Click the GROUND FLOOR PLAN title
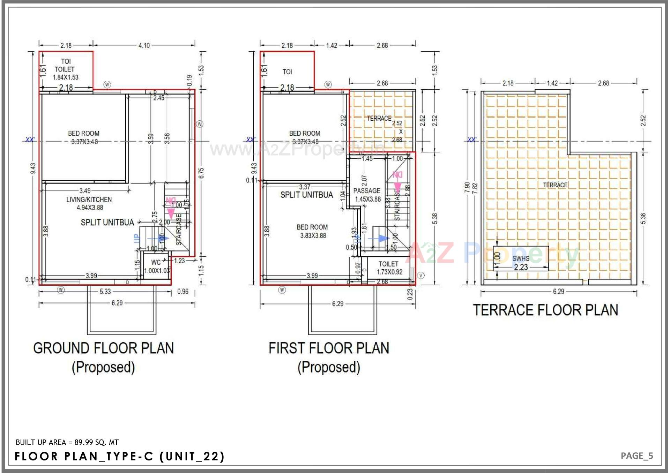[103, 348]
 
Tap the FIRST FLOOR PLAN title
[328, 348]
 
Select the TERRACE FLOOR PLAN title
[545, 310]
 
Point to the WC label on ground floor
[156, 262]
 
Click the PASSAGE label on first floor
[367, 191]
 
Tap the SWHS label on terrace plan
[521, 258]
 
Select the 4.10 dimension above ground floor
[144, 45]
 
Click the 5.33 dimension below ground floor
[105, 292]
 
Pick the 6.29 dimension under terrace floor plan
[558, 292]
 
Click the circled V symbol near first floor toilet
[421, 276]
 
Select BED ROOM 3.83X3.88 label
[313, 231]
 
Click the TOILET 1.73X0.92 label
[389, 268]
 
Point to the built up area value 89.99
[84, 442]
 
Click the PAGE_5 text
[636, 456]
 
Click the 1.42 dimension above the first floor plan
[331, 45]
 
